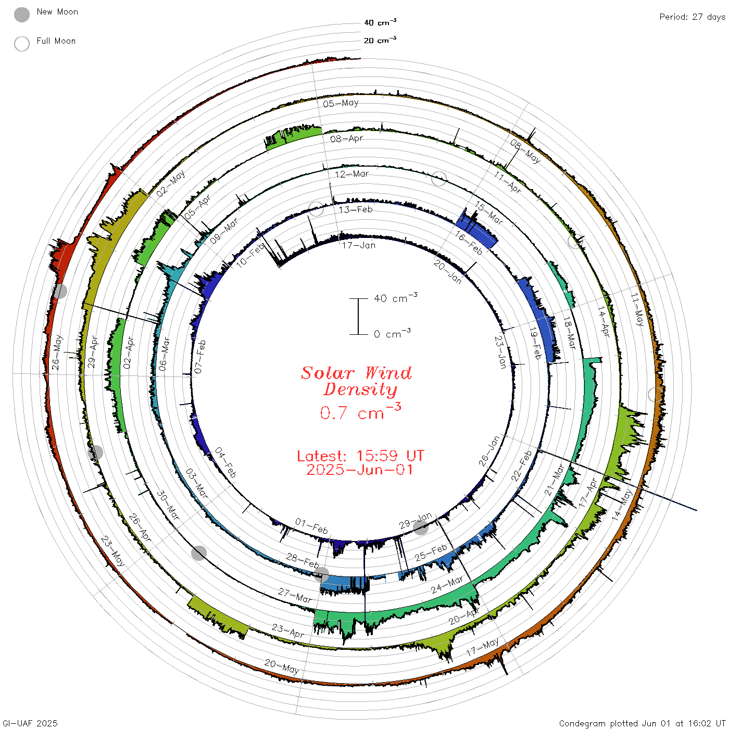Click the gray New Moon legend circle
click(22, 15)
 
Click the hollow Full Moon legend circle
click(22, 44)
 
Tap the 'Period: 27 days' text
click(693, 17)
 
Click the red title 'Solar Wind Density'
click(356, 381)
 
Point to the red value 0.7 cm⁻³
click(360, 411)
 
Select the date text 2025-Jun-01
click(359, 470)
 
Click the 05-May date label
click(341, 103)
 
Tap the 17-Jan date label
click(359, 246)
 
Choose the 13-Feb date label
click(356, 209)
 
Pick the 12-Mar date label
click(351, 174)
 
